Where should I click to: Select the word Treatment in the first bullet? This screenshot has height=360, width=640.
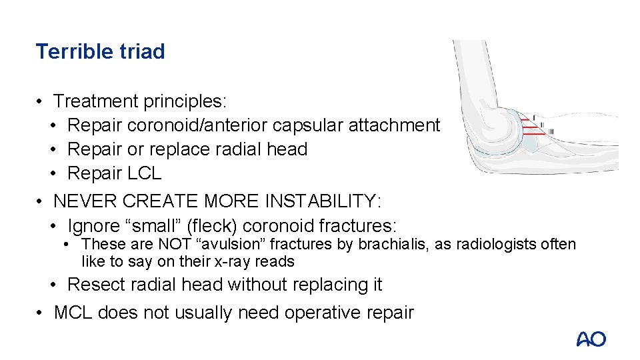97,101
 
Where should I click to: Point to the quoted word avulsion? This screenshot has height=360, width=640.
209,245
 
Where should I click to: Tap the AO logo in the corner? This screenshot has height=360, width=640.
591,339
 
